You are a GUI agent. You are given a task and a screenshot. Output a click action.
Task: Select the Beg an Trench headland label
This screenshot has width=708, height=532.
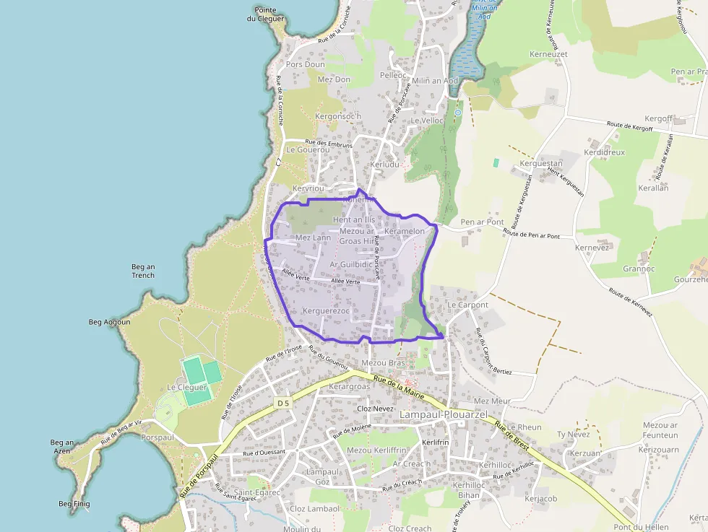pyautogui.click(x=143, y=271)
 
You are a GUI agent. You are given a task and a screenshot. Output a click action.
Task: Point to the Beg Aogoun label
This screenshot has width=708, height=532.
pyautogui.click(x=109, y=322)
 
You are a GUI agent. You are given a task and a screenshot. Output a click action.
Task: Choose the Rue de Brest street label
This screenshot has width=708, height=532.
pyautogui.click(x=512, y=437)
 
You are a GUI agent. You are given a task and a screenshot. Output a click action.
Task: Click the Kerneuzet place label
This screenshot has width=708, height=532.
pyautogui.click(x=548, y=54)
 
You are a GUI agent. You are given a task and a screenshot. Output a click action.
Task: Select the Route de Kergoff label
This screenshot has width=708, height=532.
pyautogui.click(x=629, y=126)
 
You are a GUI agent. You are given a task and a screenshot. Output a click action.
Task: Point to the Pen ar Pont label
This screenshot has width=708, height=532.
pyautogui.click(x=482, y=222)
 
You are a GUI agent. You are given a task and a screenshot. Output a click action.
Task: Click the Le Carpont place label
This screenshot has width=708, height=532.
pyautogui.click(x=467, y=305)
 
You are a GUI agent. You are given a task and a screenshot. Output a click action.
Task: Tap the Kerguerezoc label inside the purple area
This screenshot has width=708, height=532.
pyautogui.click(x=326, y=311)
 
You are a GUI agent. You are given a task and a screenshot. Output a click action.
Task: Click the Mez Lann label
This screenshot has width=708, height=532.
pyautogui.click(x=313, y=237)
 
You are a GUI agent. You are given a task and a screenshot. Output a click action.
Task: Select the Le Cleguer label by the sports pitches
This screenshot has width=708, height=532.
pyautogui.click(x=187, y=387)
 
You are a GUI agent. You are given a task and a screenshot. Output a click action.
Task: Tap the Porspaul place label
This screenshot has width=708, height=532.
pyautogui.click(x=157, y=437)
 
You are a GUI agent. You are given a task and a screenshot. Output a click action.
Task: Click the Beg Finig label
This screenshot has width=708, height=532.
pyautogui.click(x=74, y=503)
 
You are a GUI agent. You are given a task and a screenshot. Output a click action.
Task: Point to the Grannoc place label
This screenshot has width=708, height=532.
pyautogui.click(x=639, y=269)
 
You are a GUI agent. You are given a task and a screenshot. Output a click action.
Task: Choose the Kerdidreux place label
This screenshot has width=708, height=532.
pyautogui.click(x=605, y=153)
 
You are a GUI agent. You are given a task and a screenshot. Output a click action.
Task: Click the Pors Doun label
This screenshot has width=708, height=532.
pyautogui.click(x=305, y=64)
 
